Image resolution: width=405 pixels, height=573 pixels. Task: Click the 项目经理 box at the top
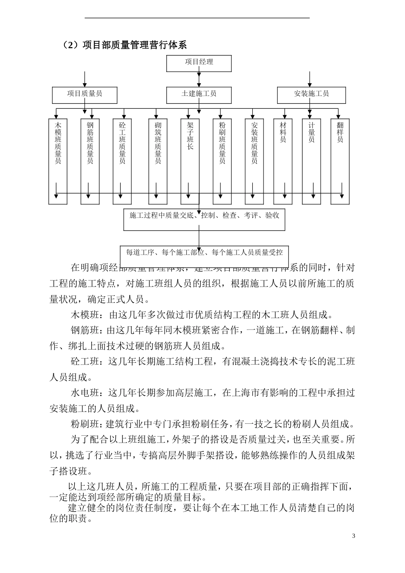[199, 63]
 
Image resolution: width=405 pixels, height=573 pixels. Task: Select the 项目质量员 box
[84, 95]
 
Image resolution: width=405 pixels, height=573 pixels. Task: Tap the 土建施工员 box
[199, 95]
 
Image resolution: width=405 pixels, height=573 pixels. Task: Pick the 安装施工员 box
[311, 95]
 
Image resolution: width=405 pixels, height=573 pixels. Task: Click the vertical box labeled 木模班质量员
[58, 161]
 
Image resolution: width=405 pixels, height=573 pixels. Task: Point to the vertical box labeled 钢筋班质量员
[90, 161]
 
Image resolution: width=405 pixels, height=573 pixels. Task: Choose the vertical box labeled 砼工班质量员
[122, 161]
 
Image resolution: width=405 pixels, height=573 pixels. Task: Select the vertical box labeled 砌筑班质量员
[158, 161]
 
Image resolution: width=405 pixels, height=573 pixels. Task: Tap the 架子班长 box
[190, 161]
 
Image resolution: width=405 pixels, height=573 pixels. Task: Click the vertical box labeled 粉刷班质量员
[222, 161]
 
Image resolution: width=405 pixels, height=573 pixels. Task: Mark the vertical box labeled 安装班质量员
[255, 161]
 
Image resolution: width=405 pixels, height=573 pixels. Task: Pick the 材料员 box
[283, 161]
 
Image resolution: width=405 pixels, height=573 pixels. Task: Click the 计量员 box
[312, 161]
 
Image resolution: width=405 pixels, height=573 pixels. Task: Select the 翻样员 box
[340, 161]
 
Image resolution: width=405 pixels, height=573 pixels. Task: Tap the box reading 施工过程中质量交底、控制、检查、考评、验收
[204, 219]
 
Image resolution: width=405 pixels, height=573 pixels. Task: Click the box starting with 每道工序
[204, 252]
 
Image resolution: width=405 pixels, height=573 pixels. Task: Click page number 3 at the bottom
[353, 536]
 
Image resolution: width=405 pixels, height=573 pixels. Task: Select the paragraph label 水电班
[84, 393]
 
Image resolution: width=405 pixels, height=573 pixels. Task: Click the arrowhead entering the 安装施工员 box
[310, 85]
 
